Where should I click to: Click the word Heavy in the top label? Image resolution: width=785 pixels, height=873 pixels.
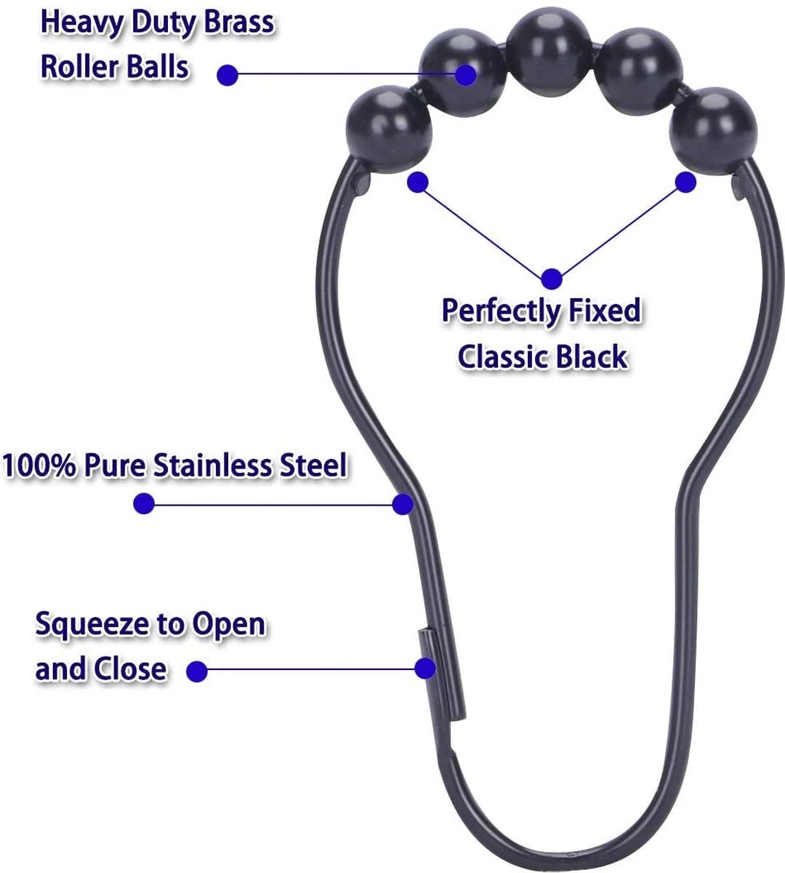coord(81,23)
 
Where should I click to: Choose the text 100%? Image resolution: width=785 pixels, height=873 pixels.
coord(39,466)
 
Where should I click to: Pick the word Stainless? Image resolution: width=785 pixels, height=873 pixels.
coord(212,466)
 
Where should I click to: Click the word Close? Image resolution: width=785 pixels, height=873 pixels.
coord(128,669)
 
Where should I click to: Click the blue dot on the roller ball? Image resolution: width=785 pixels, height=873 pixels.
coord(466,74)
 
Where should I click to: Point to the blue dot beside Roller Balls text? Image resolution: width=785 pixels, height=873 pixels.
coord(228,74)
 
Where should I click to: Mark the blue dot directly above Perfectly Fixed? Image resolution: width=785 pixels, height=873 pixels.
coord(552,277)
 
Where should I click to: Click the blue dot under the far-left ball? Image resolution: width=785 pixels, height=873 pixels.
coord(417,182)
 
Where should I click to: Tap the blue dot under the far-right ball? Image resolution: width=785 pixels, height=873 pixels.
coord(686,182)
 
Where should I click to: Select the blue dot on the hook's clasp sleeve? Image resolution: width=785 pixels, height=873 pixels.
coord(426,668)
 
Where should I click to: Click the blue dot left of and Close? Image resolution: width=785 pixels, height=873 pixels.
coord(197,671)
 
